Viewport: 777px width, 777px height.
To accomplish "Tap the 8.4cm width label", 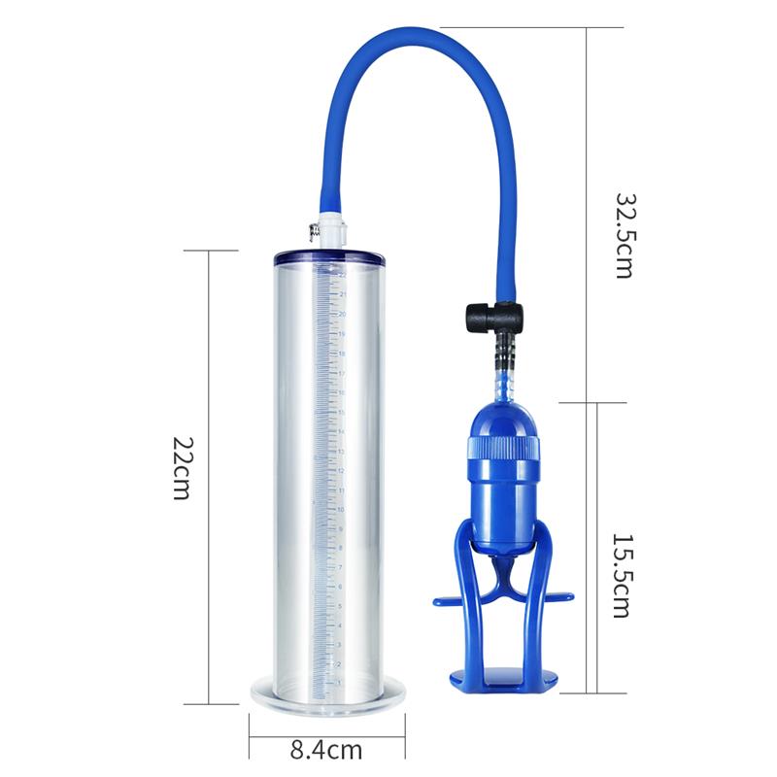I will coord(326,750).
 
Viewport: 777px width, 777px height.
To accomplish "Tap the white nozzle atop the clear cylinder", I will coord(329,230).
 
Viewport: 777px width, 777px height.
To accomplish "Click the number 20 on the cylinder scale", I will coord(342,314).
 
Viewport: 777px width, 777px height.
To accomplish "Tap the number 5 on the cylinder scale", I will coord(340,605).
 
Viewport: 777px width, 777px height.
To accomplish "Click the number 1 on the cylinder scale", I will coord(339,683).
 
